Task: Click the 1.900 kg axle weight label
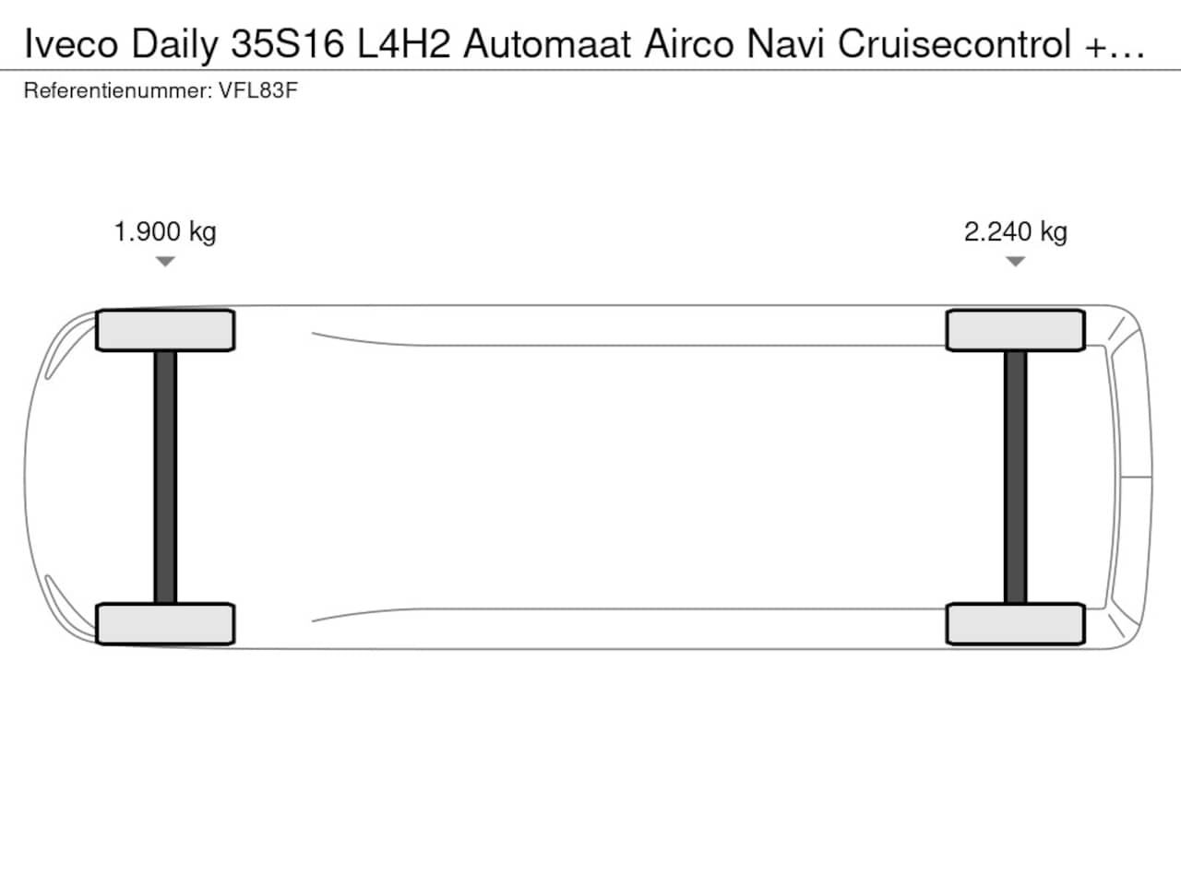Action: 165,232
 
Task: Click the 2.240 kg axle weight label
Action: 1015,232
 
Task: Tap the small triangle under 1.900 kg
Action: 165,262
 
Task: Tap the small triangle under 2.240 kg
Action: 1015,262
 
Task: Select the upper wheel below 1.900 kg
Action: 165,330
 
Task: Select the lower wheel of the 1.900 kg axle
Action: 165,624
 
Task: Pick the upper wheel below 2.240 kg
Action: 1015,330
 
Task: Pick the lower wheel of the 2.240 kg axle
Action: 1015,624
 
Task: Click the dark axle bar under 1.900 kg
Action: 165,478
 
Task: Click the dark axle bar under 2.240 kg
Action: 1015,478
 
